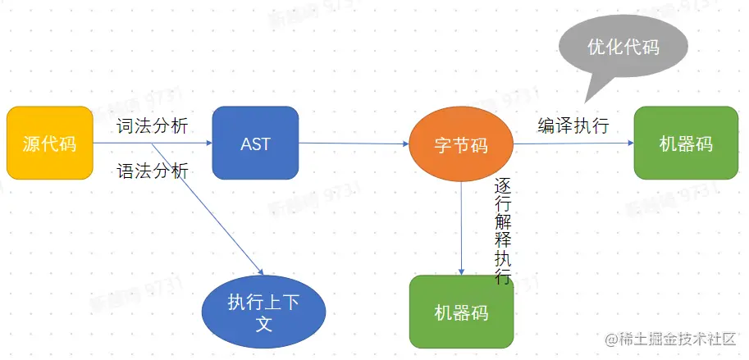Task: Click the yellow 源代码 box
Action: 49,144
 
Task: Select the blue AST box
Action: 255,144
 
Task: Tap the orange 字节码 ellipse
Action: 460,145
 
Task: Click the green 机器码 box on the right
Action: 686,144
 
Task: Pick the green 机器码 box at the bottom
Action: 461,312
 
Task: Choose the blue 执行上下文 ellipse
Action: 263,312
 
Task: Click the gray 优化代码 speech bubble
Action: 623,47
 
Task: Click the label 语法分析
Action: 153,171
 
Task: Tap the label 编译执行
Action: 573,125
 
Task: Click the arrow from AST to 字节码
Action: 353,144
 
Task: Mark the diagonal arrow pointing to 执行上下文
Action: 209,211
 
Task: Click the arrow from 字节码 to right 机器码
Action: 574,143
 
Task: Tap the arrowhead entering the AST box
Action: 208,144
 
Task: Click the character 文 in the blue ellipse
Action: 263,324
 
